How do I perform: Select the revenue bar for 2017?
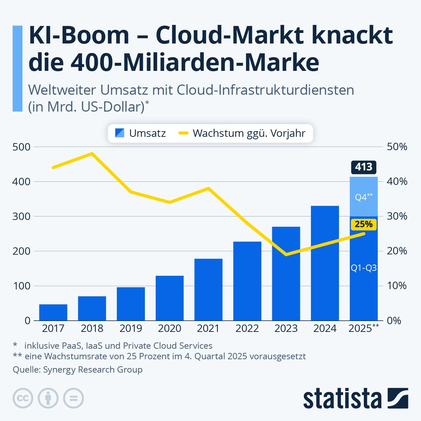pyautogui.click(x=53, y=312)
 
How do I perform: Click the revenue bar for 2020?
pyautogui.click(x=169, y=298)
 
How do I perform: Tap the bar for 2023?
pyautogui.click(x=286, y=274)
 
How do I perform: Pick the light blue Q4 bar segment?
pyautogui.click(x=363, y=196)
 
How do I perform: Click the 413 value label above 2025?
pyautogui.click(x=363, y=167)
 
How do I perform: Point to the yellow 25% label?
pyautogui.click(x=363, y=224)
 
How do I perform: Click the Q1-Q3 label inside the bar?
pyautogui.click(x=363, y=268)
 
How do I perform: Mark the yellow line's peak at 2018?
pyautogui.click(x=92, y=154)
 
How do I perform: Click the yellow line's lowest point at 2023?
pyautogui.click(x=286, y=254)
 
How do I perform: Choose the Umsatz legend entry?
pyautogui.click(x=140, y=133)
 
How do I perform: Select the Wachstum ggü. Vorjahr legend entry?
pyautogui.click(x=242, y=133)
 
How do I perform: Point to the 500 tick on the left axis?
pyautogui.click(x=21, y=147)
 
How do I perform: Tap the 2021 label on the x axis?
pyautogui.click(x=208, y=328)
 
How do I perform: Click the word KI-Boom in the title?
pyautogui.click(x=79, y=35)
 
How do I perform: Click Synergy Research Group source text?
pyautogui.click(x=93, y=369)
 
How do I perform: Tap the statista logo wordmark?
pyautogui.click(x=342, y=399)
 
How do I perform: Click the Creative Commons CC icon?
pyautogui.click(x=23, y=398)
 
